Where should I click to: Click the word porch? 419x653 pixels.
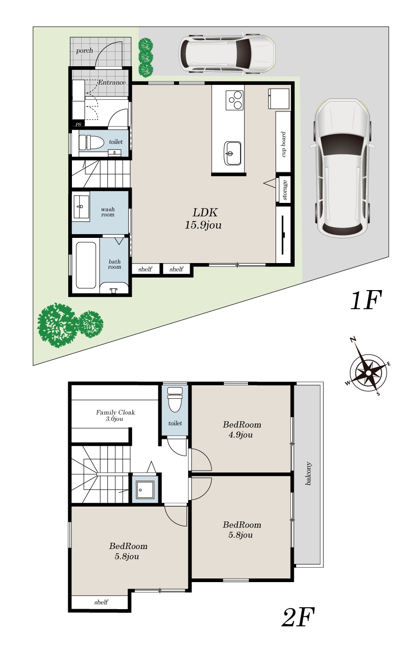coord(85,51)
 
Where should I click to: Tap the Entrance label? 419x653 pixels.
coord(112,83)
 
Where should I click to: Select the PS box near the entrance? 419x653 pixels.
coord(78,125)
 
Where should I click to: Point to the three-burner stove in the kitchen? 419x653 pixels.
coord(234,100)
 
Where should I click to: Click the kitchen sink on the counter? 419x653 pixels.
coord(233,153)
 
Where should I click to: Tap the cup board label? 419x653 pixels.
coord(284,144)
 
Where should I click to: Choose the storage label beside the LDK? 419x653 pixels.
coord(284,190)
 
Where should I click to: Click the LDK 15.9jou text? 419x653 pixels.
coord(204,219)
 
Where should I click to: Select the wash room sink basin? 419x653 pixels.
coord(81,207)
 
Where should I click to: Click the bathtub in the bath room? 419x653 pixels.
coord(86,265)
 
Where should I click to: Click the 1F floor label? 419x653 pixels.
coord(366,300)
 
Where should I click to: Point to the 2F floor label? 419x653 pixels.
coord(298,617)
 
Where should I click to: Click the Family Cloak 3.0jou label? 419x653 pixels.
coord(115,416)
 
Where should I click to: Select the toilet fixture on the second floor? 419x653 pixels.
coord(175,399)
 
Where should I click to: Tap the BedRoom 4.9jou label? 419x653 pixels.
coord(241,430)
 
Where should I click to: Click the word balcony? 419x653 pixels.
coord(308,473)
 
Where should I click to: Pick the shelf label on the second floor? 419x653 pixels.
coord(101,602)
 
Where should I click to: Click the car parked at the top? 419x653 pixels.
coord(227,54)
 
